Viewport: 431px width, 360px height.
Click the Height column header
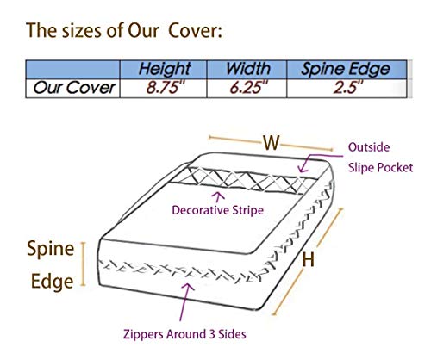pos(164,69)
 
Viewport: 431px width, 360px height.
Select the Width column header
pos(248,69)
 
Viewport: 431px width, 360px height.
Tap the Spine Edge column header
pos(346,69)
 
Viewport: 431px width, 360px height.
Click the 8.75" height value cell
pos(166,87)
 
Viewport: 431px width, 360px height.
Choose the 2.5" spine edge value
pos(348,87)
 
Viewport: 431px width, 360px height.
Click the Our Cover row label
pos(74,88)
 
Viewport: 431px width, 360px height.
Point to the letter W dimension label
pos(272,142)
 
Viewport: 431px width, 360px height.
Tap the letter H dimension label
pos(309,259)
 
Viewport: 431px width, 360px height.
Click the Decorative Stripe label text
pos(217,210)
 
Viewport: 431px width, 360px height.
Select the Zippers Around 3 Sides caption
pos(184,334)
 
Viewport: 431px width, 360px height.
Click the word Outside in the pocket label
pos(369,147)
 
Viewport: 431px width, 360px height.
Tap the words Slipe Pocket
pos(380,167)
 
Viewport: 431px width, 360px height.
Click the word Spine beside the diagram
pos(51,249)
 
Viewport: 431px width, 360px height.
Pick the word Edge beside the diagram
pos(52,282)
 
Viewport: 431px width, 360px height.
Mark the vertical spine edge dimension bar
pos(83,264)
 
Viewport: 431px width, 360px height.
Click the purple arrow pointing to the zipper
pos(185,301)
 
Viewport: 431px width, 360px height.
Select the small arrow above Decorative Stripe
pos(219,197)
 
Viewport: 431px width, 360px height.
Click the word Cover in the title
pos(195,30)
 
